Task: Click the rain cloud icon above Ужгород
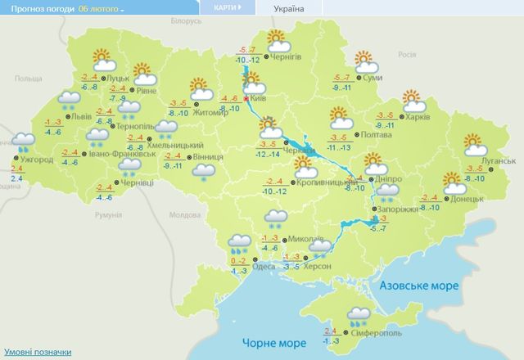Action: (25, 142)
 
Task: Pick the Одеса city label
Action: (264, 266)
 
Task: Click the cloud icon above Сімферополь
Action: (357, 314)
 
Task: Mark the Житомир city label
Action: (211, 112)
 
